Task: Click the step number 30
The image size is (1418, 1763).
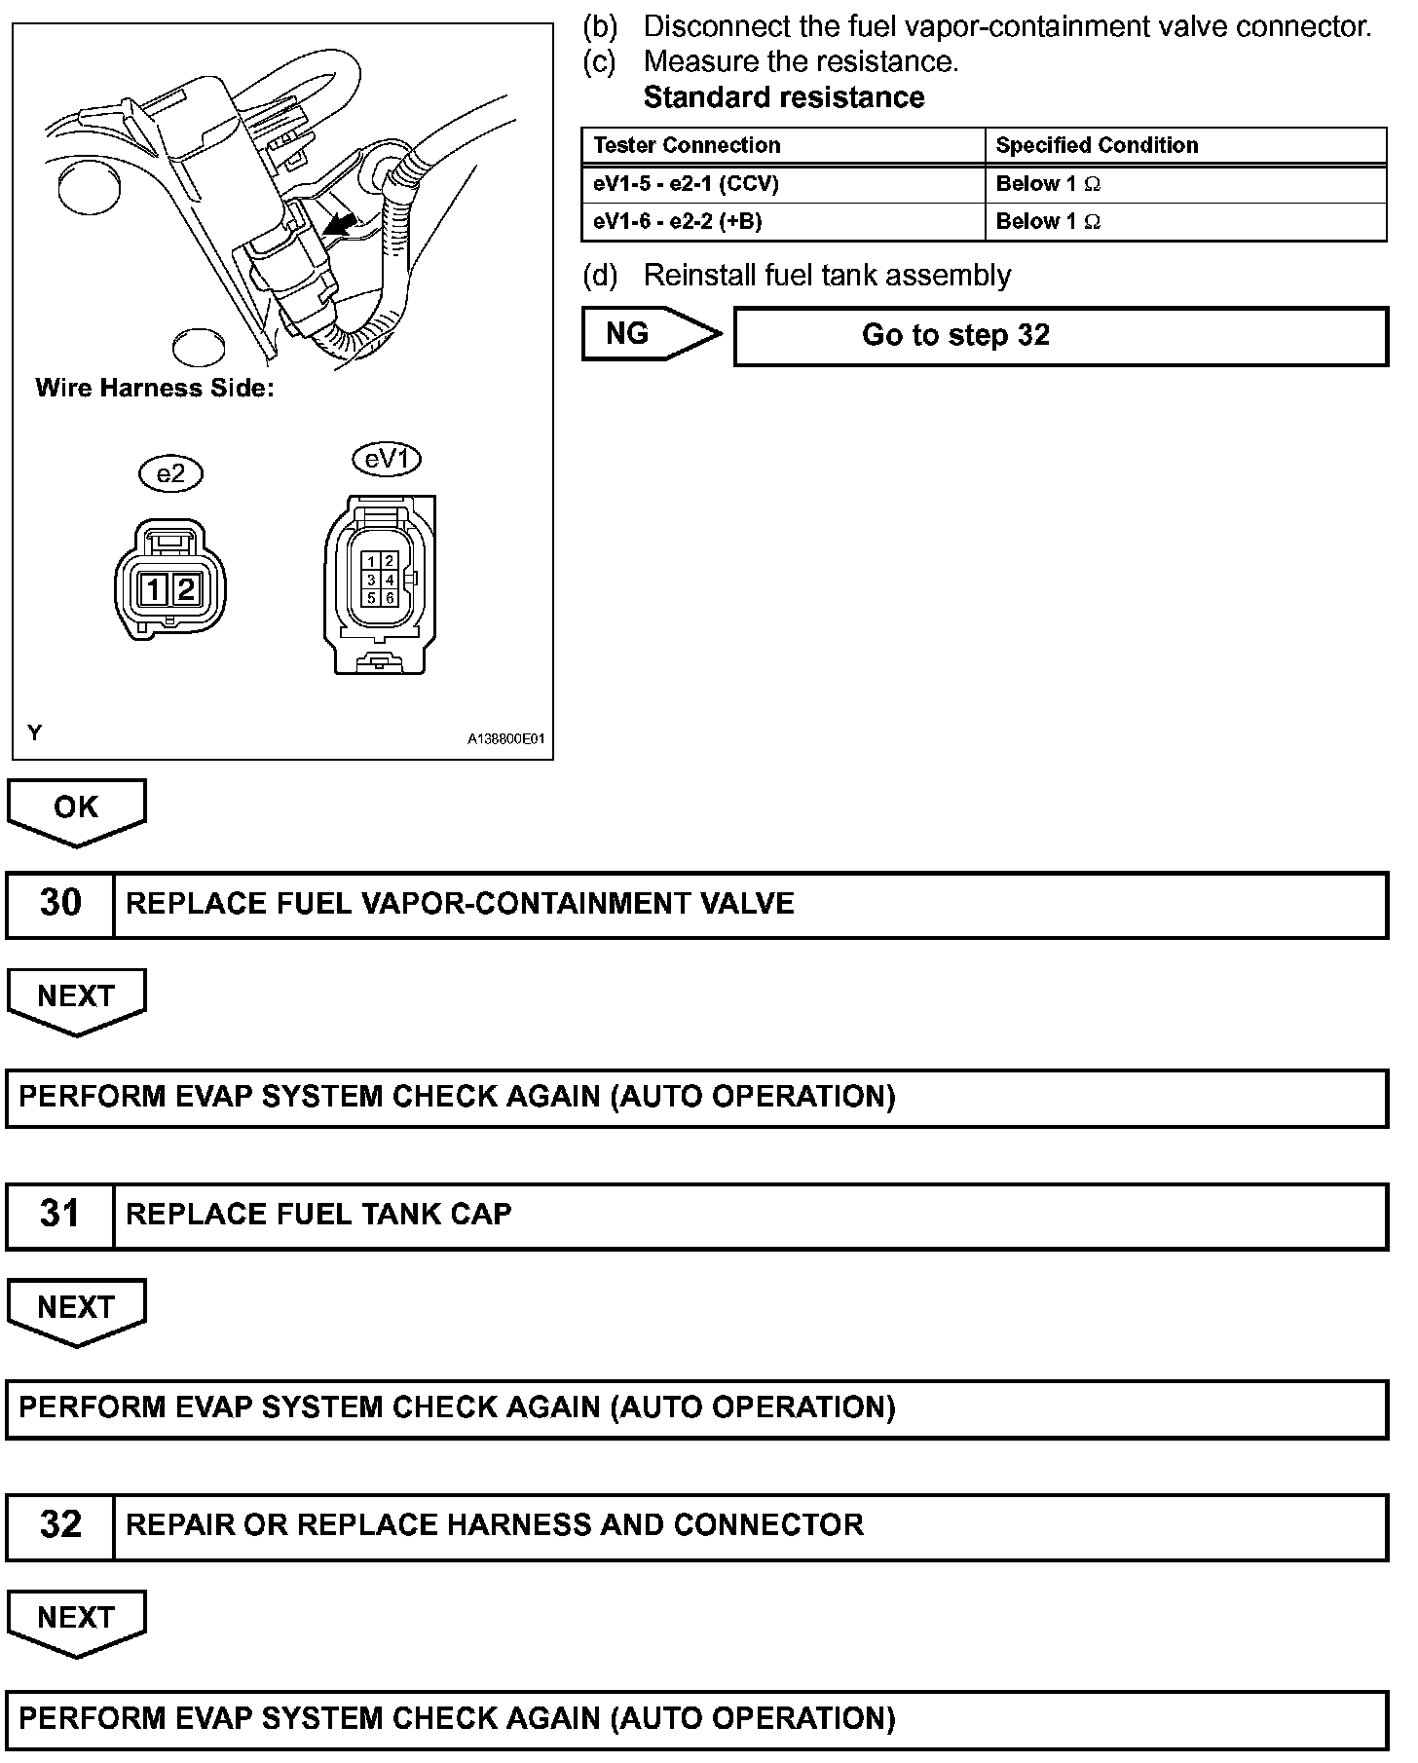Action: (x=60, y=904)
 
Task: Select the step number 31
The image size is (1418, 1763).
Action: (x=60, y=1215)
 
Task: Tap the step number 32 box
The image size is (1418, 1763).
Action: (x=60, y=1525)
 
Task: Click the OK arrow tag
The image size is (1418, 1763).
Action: (x=76, y=808)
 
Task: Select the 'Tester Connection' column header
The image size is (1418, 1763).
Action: (x=687, y=146)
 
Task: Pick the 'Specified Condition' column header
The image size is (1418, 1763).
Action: (x=1097, y=146)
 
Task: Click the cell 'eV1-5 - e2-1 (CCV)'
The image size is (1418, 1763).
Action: (x=686, y=184)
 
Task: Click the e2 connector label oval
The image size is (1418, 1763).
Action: (x=170, y=474)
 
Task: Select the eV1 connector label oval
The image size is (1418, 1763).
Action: (x=387, y=459)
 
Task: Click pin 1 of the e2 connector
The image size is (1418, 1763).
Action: (x=155, y=589)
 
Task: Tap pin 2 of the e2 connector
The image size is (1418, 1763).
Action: (x=187, y=589)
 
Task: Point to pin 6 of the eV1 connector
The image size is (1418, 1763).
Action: (x=390, y=598)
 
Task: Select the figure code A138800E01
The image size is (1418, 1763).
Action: (x=506, y=739)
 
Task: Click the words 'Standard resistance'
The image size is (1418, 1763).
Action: (x=784, y=98)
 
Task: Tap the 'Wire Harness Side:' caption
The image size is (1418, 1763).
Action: (x=155, y=389)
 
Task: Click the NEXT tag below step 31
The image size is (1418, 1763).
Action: (x=76, y=1308)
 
